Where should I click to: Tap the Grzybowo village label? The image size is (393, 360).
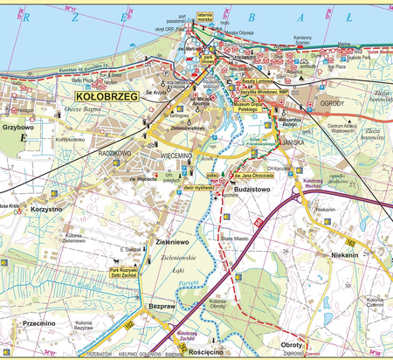[17, 127]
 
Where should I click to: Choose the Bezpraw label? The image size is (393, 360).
[162, 307]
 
